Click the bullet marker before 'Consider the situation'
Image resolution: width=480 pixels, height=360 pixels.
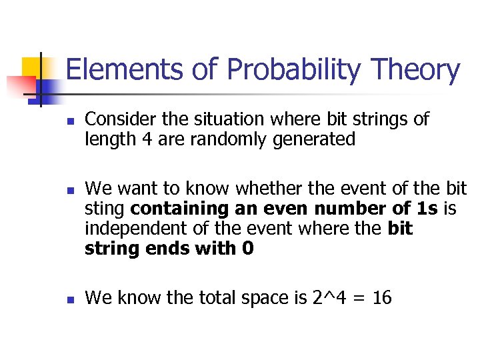click(69, 123)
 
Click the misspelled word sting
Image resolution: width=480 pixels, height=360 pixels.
click(105, 210)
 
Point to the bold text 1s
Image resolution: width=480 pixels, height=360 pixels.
click(425, 210)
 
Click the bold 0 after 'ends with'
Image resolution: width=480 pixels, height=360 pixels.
click(248, 249)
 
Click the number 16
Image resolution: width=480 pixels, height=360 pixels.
click(382, 298)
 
